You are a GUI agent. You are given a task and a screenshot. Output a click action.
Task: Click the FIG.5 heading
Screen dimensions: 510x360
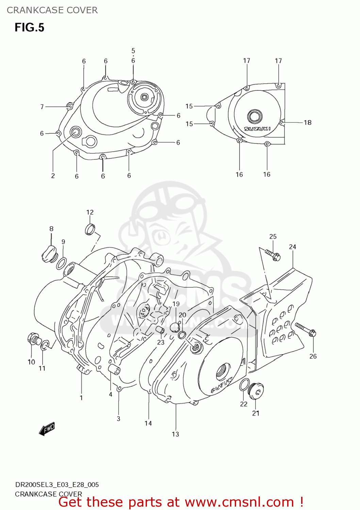(x=29, y=27)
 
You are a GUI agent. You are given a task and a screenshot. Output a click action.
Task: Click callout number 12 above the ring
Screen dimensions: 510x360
(x=90, y=212)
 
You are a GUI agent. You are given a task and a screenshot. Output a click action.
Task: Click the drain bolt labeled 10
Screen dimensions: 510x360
(x=34, y=339)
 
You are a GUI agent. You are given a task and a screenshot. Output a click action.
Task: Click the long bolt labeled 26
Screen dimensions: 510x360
(x=306, y=329)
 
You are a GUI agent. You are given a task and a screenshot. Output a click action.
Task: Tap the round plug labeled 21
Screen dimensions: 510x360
(x=256, y=391)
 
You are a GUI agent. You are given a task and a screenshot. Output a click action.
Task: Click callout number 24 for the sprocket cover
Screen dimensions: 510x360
(x=293, y=247)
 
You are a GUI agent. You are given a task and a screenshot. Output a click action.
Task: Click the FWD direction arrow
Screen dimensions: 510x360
(x=47, y=429)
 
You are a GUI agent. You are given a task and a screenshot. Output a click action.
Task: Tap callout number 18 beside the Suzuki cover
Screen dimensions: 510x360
(x=308, y=122)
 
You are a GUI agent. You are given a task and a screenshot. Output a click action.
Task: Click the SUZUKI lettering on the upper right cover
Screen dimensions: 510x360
(x=257, y=129)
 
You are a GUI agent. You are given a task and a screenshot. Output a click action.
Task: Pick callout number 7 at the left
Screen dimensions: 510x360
(x=42, y=107)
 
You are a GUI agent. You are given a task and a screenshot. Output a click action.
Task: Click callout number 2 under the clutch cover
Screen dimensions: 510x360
(x=53, y=176)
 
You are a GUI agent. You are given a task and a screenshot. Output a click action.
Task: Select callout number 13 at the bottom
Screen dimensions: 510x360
(x=175, y=434)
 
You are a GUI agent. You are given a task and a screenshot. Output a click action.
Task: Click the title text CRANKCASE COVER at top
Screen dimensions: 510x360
(x=52, y=10)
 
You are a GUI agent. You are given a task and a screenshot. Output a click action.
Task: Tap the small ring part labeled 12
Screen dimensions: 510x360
(x=90, y=230)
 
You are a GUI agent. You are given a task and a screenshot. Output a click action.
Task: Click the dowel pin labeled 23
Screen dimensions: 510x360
(x=160, y=330)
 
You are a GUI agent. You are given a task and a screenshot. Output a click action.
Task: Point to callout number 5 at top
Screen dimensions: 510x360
(x=133, y=51)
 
